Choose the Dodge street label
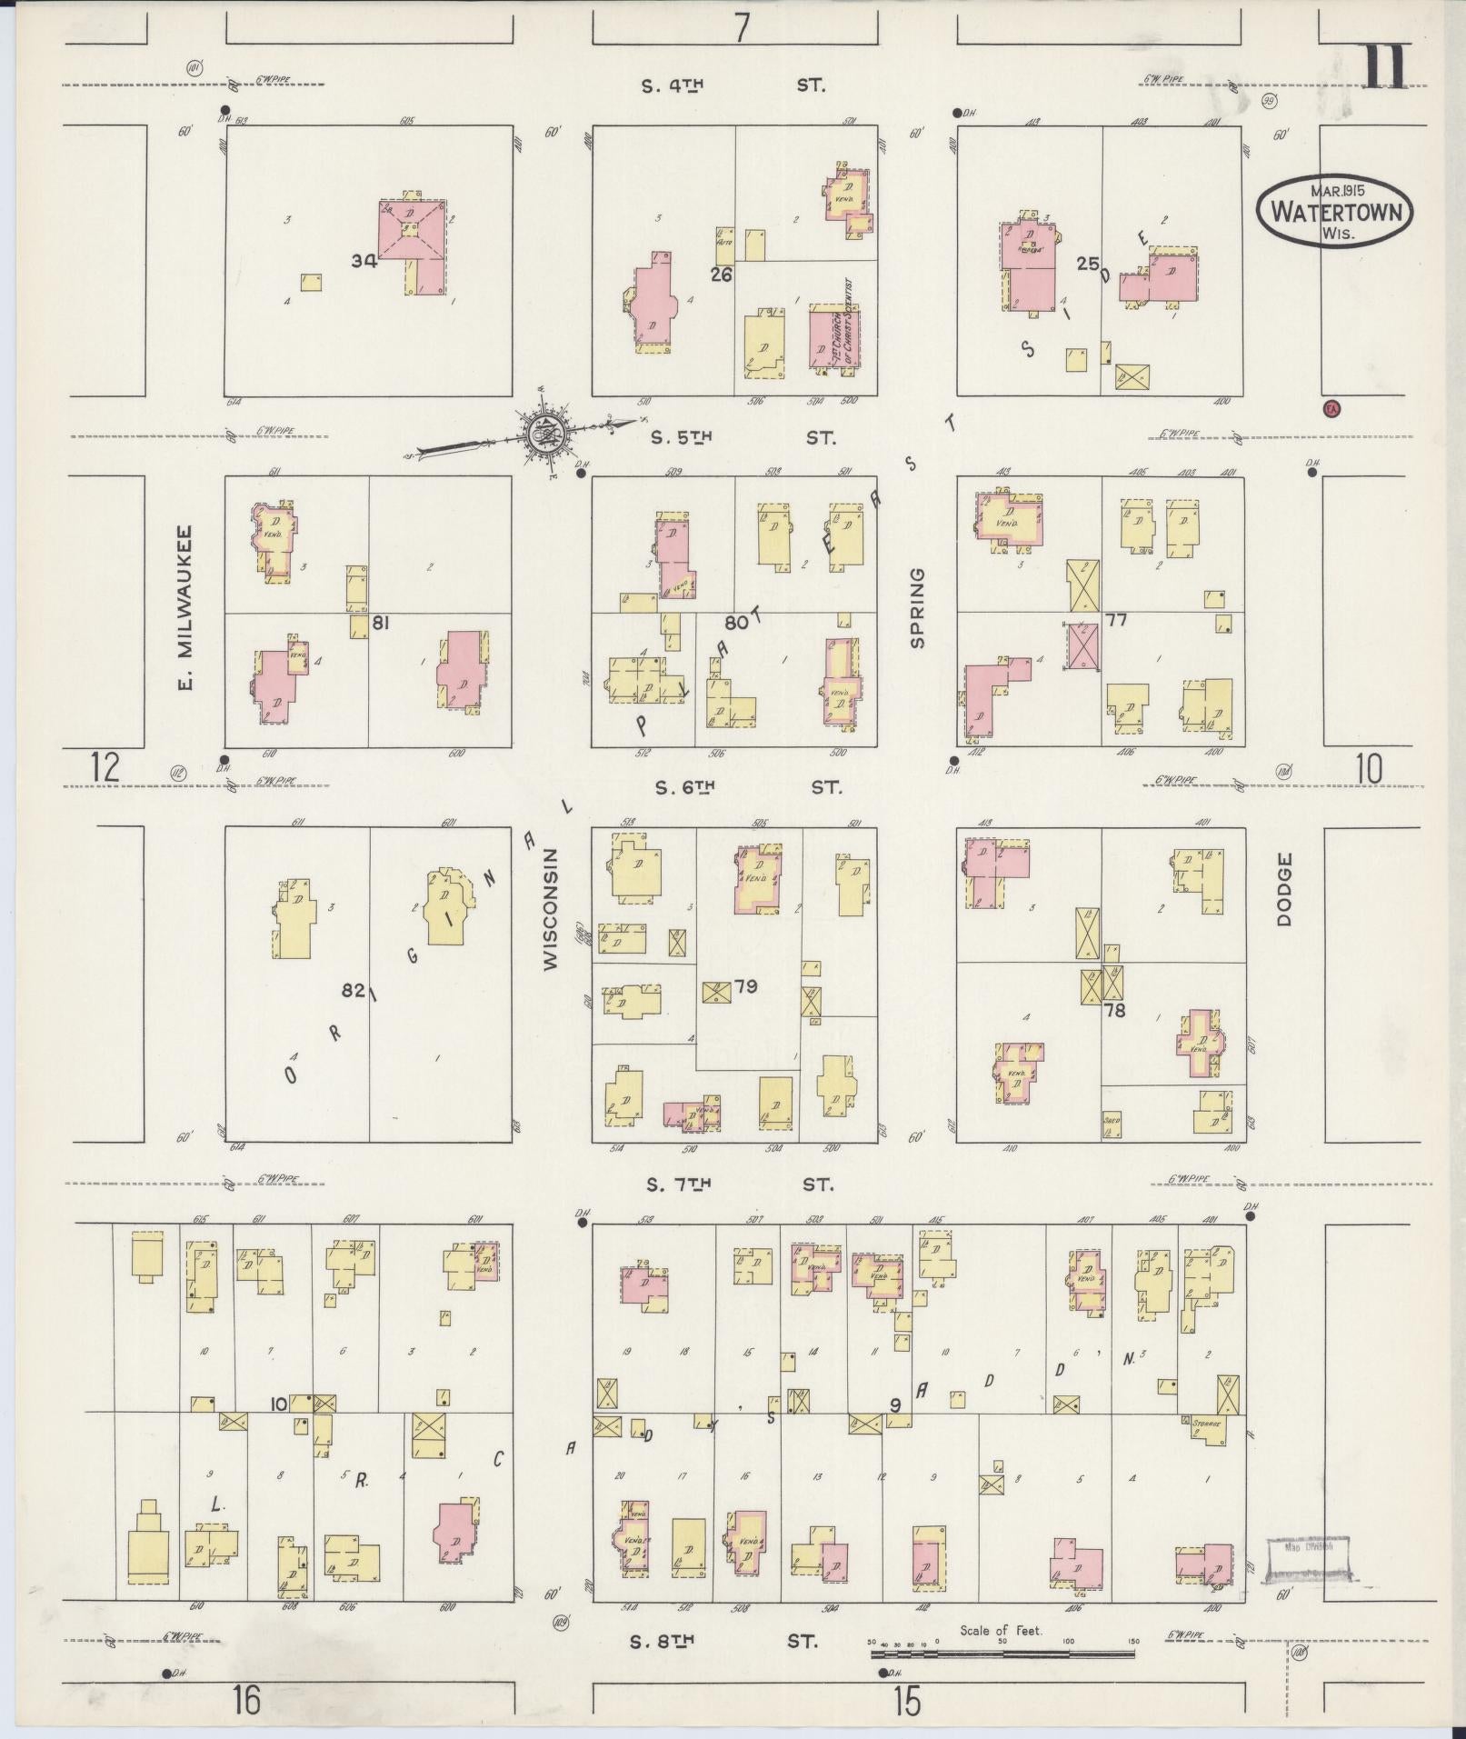click(1283, 889)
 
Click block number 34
click(364, 261)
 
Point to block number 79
click(745, 986)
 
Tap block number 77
click(1115, 620)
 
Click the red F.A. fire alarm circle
click(1332, 409)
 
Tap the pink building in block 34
click(413, 238)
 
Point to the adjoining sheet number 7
click(743, 28)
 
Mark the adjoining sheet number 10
click(1368, 769)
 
